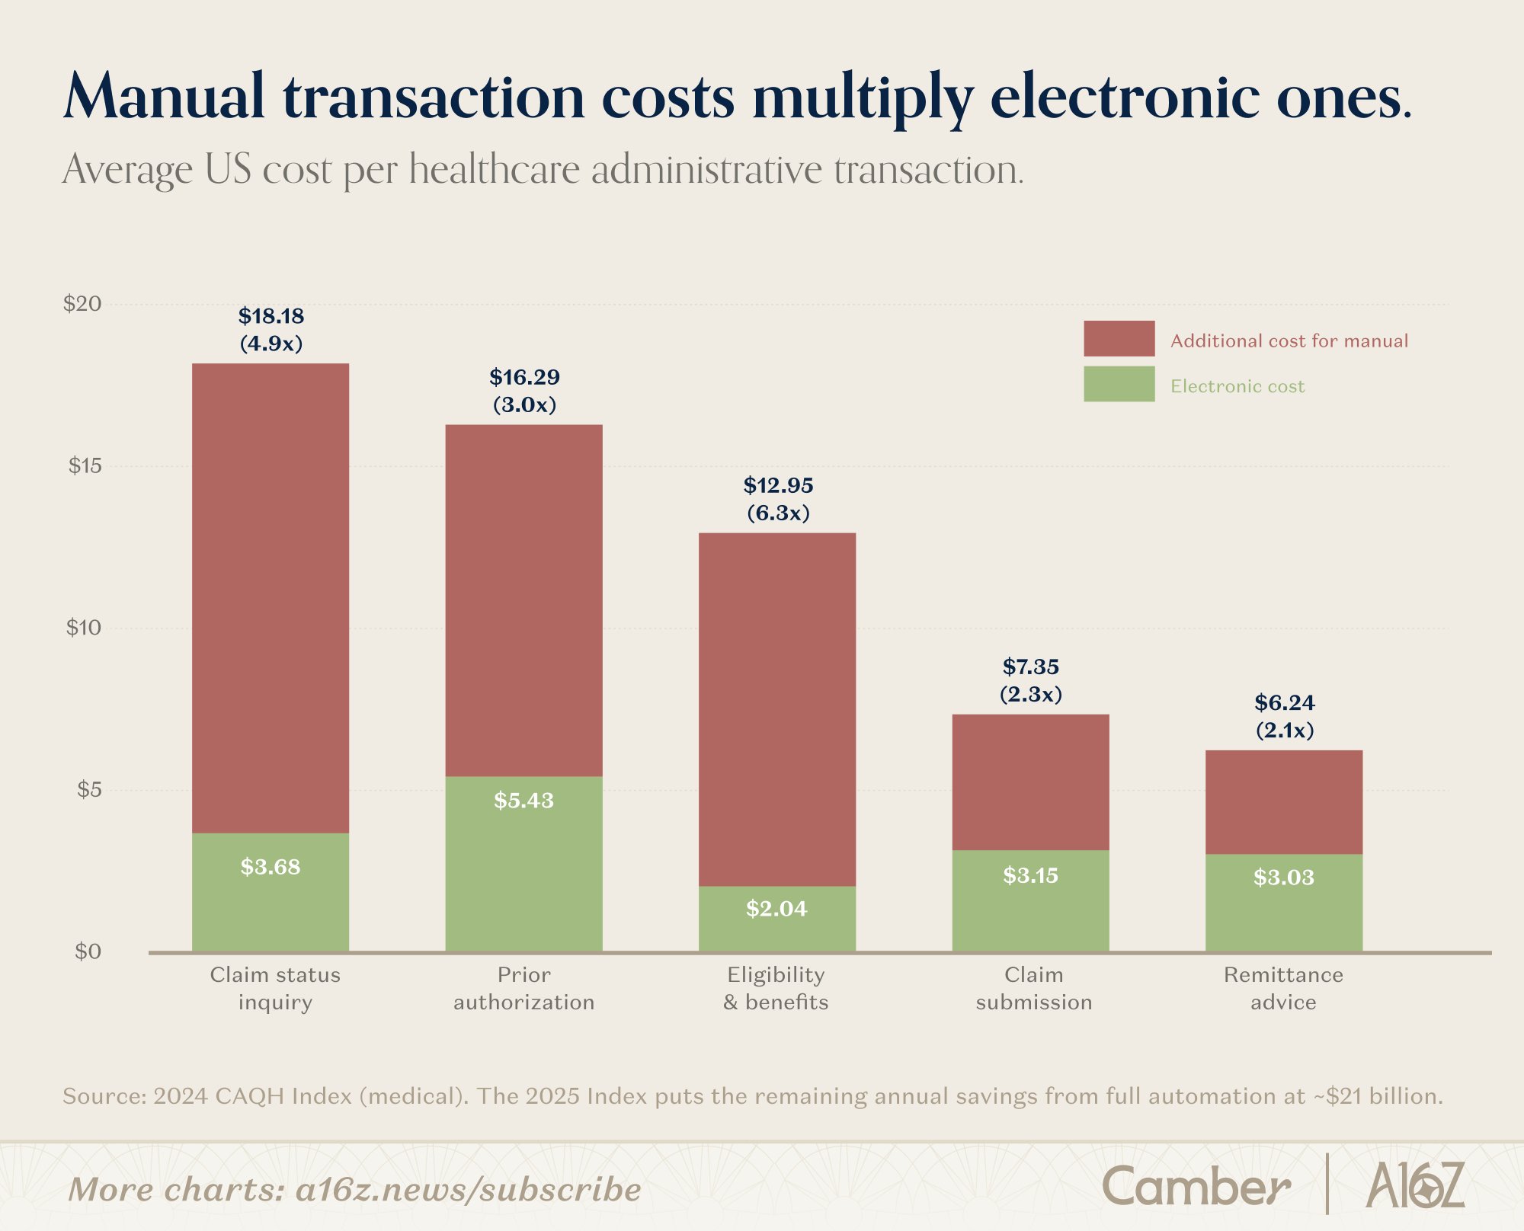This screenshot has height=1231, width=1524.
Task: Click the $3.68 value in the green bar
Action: point(271,867)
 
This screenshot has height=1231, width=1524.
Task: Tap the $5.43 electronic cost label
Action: point(523,801)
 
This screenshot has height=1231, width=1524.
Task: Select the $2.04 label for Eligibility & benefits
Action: point(776,909)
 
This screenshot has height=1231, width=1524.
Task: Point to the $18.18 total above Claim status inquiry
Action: point(271,316)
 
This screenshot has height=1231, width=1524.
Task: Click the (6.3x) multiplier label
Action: point(778,513)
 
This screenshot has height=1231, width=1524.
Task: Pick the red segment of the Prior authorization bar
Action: point(523,600)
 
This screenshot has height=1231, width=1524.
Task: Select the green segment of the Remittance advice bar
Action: point(1284,903)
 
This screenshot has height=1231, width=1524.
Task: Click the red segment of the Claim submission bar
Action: point(1030,782)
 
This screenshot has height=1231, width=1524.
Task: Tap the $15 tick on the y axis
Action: point(85,466)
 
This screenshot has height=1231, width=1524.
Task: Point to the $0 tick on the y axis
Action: point(88,951)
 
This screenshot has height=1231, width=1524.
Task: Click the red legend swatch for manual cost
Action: point(1119,338)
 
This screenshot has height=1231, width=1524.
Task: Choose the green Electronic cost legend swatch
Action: point(1119,384)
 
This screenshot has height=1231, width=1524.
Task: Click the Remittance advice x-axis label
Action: point(1284,988)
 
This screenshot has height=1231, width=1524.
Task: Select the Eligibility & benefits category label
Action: point(776,988)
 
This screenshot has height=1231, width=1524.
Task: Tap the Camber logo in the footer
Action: point(1196,1186)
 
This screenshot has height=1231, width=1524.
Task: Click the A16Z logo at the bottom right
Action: point(1415,1185)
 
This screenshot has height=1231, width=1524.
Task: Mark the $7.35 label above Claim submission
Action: point(1030,667)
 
